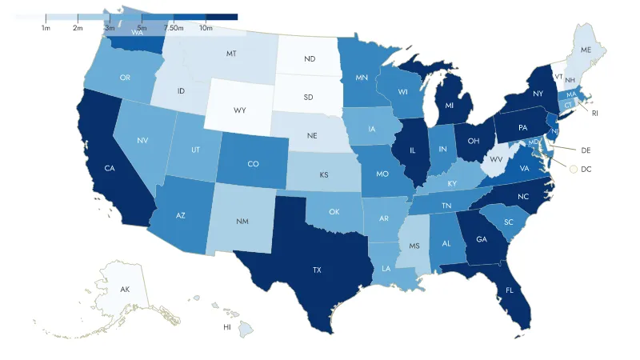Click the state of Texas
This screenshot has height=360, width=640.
point(317,270)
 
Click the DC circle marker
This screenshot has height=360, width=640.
point(573,169)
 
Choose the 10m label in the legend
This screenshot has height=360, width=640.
point(206,28)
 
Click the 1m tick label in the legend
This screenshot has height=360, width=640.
point(46,28)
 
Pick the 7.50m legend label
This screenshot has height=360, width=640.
point(174,28)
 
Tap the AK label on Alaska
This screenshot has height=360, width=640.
point(125,289)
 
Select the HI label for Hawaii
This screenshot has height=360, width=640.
point(227,327)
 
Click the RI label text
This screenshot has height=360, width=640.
point(595,114)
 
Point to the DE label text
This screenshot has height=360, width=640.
point(586,150)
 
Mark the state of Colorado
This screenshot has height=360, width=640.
point(253,164)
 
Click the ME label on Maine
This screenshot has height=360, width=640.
point(586,50)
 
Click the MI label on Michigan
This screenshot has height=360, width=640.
point(450,105)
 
